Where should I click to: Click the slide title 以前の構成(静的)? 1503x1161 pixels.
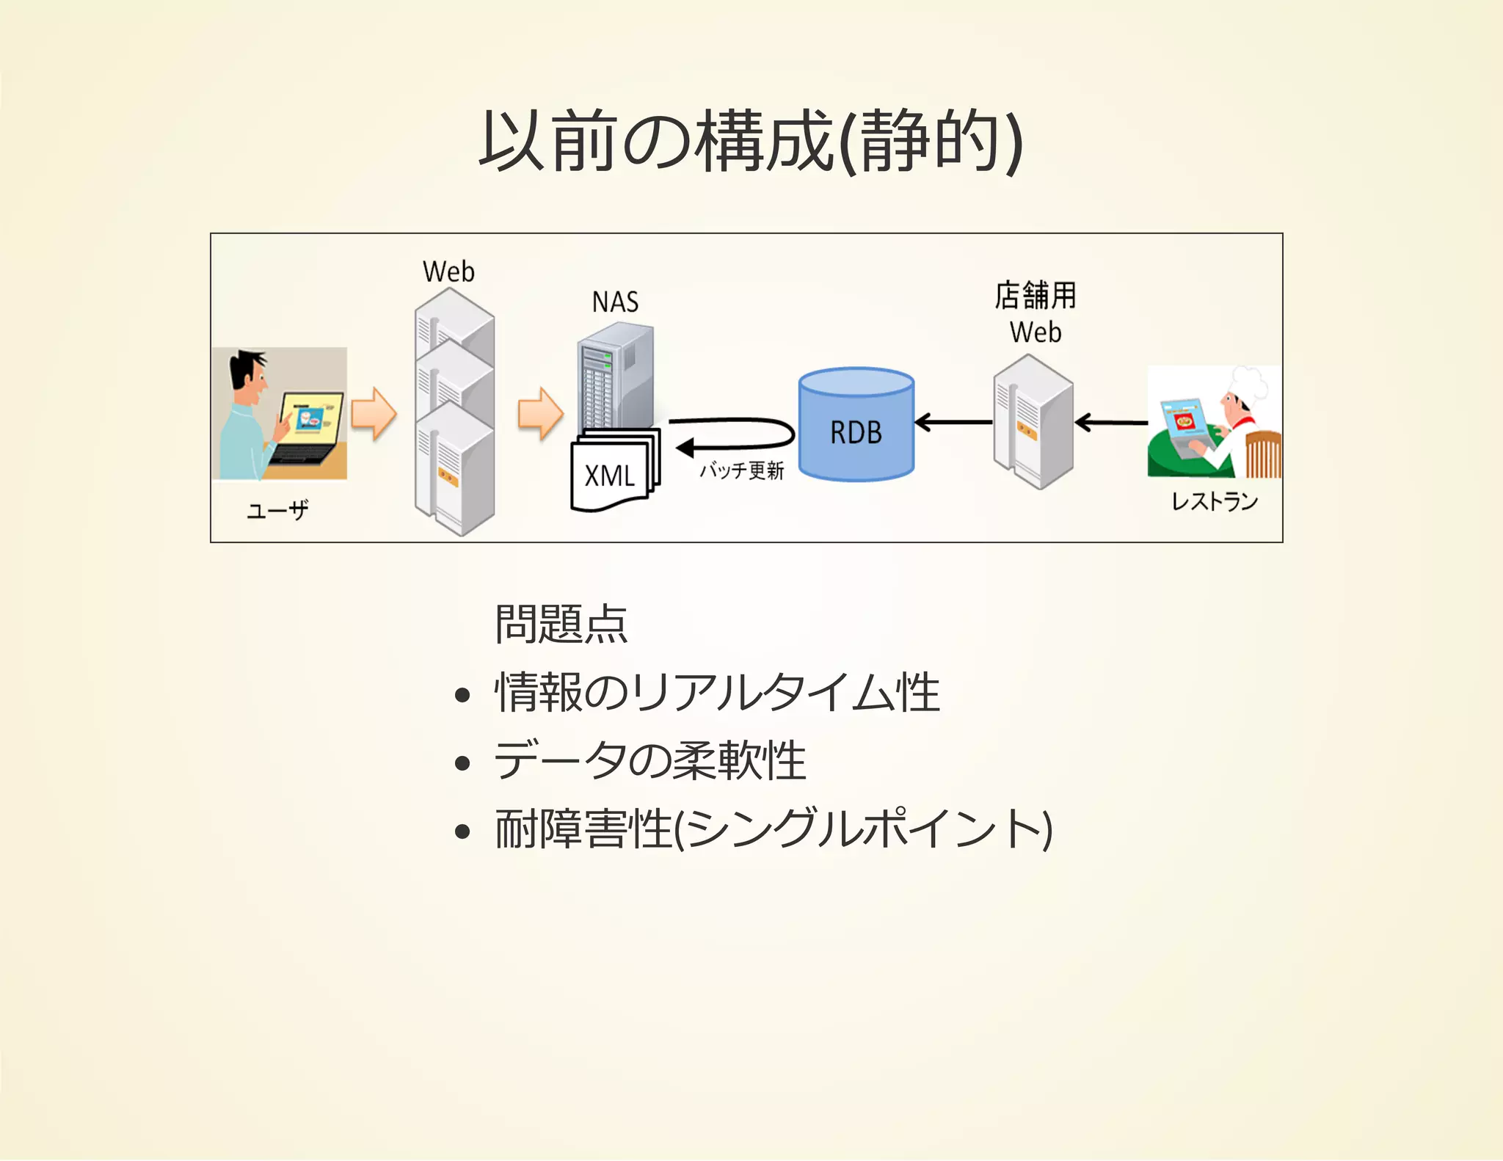point(750,141)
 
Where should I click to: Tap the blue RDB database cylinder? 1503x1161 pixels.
point(856,426)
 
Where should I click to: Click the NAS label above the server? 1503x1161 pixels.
point(615,302)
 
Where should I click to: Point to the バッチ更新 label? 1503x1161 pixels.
point(741,470)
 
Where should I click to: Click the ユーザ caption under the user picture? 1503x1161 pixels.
point(277,509)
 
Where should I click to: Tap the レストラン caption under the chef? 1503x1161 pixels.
point(1214,501)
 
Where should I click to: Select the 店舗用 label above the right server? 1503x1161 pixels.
point(1035,296)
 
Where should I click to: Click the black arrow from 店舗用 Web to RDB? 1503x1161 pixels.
point(953,422)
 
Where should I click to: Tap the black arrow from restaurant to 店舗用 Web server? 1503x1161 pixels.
point(1110,422)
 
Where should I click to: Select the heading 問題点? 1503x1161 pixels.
point(561,625)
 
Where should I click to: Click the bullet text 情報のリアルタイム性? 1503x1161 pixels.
point(717,693)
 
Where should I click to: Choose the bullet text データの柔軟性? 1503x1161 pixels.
point(650,761)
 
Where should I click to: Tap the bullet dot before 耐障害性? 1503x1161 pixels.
point(462,831)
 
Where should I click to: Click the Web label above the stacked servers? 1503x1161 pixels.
point(448,272)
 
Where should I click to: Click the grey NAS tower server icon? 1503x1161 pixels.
point(615,378)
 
